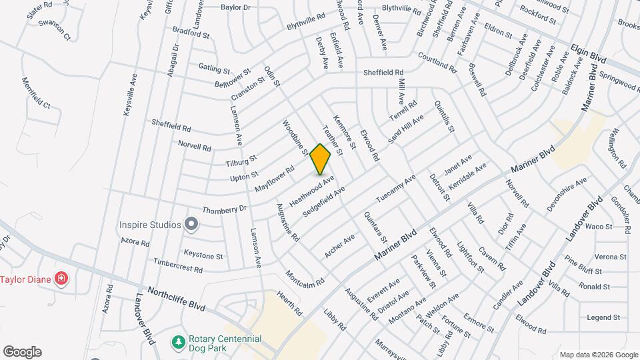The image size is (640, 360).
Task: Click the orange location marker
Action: (321, 159)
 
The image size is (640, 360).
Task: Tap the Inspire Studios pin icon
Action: (192, 224)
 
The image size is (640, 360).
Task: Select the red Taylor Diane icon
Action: (61, 277)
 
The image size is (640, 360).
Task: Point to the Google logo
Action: (22, 352)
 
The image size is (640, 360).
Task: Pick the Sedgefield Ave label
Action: (324, 201)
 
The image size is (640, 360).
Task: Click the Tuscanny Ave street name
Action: (395, 189)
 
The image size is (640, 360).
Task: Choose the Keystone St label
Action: (203, 256)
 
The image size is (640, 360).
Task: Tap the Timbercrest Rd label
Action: (177, 267)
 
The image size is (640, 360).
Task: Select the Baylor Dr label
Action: (235, 8)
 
